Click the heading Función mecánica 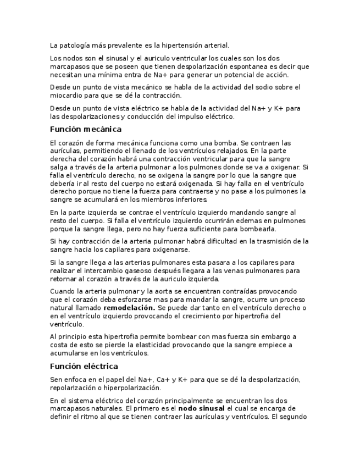(x=85, y=129)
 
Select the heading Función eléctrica (x=84, y=366)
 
